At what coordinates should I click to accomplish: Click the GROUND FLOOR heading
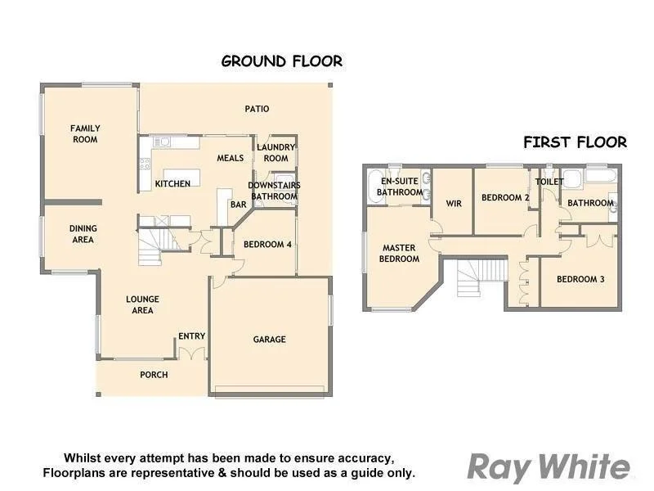pyautogui.click(x=282, y=61)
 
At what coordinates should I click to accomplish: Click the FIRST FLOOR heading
pyautogui.click(x=575, y=142)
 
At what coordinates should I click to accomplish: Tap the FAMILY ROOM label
pyautogui.click(x=84, y=134)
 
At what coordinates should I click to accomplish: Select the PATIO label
pyautogui.click(x=257, y=109)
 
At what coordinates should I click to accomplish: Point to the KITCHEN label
pyautogui.click(x=172, y=183)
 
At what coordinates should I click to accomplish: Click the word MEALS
pyautogui.click(x=231, y=158)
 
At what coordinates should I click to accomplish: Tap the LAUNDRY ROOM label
pyautogui.click(x=275, y=153)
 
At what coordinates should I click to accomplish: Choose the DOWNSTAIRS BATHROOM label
pyautogui.click(x=275, y=191)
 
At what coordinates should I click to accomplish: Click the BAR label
pyautogui.click(x=239, y=205)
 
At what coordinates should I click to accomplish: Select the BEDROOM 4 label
pyautogui.click(x=267, y=244)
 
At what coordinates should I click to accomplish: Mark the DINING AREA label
pyautogui.click(x=83, y=234)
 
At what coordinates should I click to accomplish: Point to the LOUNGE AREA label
pyautogui.click(x=142, y=304)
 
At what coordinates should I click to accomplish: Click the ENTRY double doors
pyautogui.click(x=191, y=353)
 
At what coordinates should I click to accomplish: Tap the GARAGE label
pyautogui.click(x=269, y=339)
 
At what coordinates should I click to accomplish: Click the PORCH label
pyautogui.click(x=154, y=375)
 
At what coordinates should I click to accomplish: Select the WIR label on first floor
pyautogui.click(x=455, y=203)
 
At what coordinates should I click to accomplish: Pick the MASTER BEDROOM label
pyautogui.click(x=400, y=254)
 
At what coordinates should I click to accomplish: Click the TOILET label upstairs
pyautogui.click(x=549, y=182)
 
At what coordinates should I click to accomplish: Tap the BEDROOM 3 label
pyautogui.click(x=580, y=279)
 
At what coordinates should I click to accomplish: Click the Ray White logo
pyautogui.click(x=548, y=466)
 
